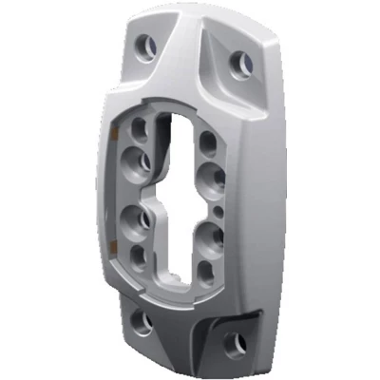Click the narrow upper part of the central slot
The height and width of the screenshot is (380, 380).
click(x=177, y=142)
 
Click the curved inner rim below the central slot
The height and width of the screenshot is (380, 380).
click(x=171, y=286)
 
